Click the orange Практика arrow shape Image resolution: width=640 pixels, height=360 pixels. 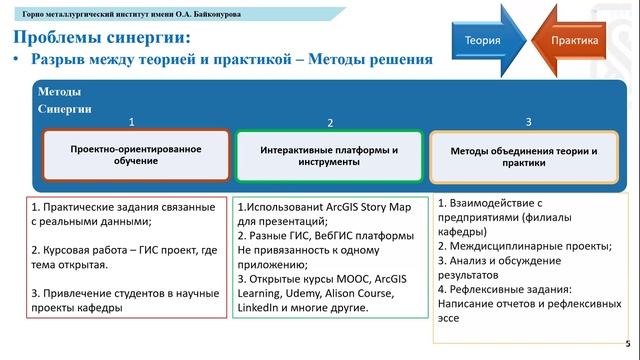click(x=572, y=41)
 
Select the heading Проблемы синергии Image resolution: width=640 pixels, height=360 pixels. click(x=102, y=38)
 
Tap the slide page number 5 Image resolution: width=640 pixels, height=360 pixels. click(x=627, y=343)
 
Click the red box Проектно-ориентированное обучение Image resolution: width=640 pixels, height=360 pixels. click(x=136, y=155)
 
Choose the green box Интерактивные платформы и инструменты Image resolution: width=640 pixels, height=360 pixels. click(x=329, y=156)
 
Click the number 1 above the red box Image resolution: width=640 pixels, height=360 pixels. click(x=132, y=122)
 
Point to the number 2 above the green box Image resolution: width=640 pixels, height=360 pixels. click(x=329, y=123)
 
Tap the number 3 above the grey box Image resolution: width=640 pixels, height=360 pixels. click(x=528, y=122)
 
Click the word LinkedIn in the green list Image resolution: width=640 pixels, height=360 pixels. click(x=263, y=309)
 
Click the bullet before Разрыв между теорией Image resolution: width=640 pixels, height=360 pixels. click(x=17, y=60)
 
